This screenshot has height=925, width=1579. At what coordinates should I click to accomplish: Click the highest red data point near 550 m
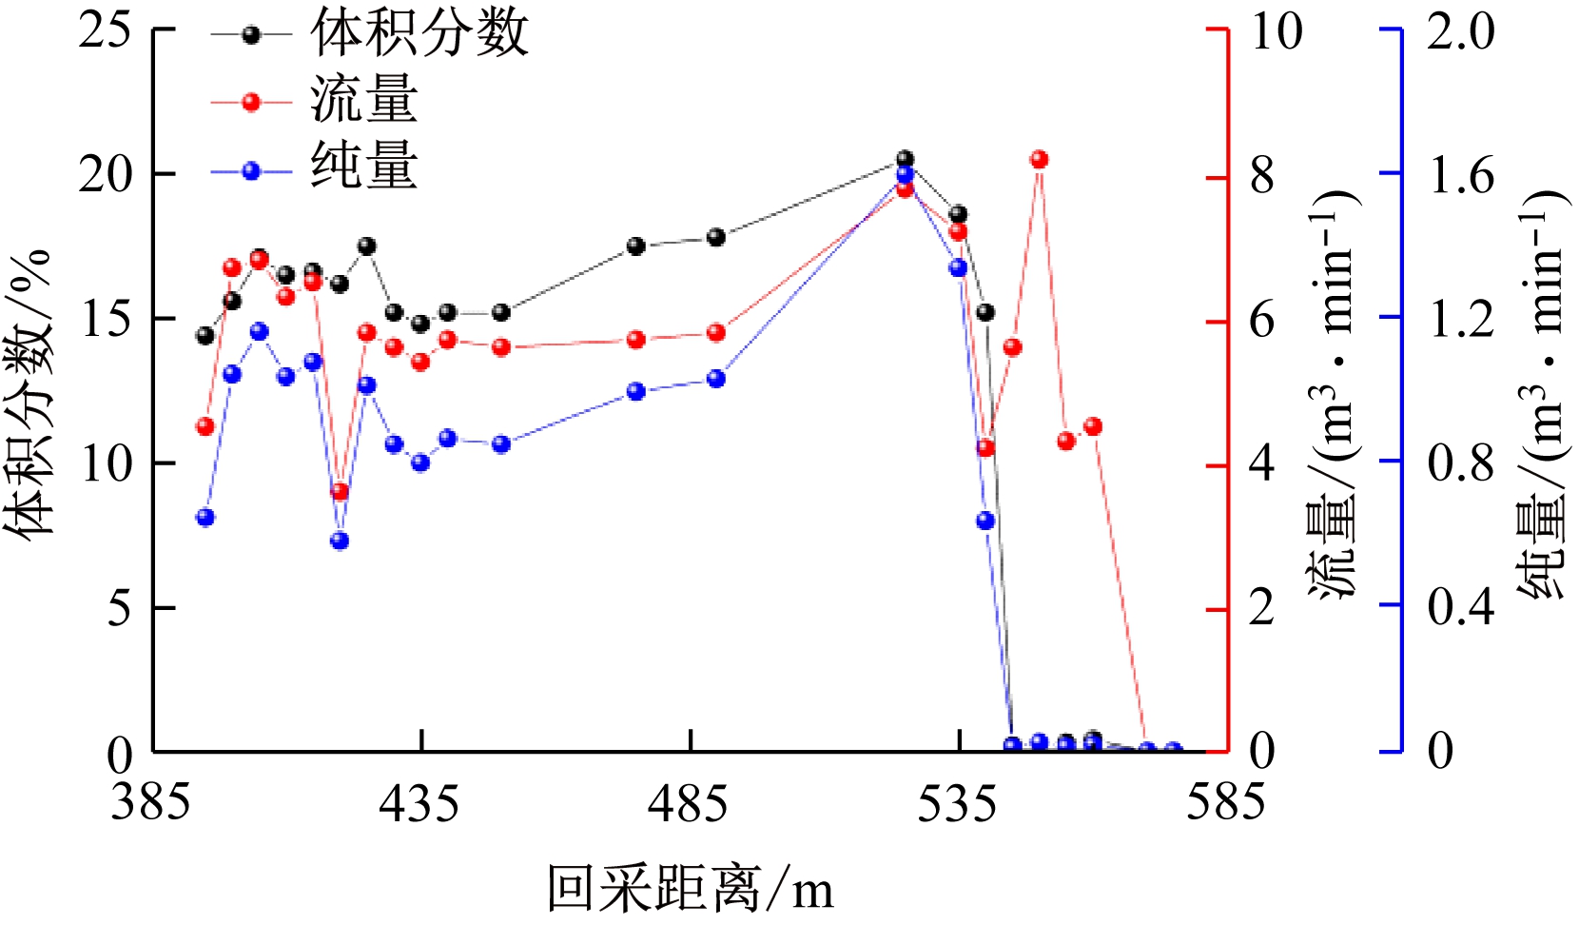[x=1039, y=160]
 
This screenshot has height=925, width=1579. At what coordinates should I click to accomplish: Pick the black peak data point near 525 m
[x=905, y=159]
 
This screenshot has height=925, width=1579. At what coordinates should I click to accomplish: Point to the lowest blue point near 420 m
[x=340, y=541]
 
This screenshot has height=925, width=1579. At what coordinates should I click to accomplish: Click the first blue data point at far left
[x=205, y=518]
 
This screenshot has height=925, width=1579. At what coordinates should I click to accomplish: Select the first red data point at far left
[x=205, y=426]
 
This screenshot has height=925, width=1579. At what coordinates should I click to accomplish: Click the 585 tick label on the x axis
[x=1225, y=804]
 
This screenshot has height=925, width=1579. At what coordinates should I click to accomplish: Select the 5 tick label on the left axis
[x=119, y=608]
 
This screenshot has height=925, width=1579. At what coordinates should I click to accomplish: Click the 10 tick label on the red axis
[x=1276, y=31]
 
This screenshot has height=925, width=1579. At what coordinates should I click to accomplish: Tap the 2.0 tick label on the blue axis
[x=1460, y=31]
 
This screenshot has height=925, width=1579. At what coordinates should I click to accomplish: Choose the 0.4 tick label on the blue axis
[x=1460, y=606]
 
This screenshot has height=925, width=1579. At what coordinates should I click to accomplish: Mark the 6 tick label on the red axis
[x=1261, y=321]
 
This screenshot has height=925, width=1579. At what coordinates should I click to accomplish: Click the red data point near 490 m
[x=716, y=333]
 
